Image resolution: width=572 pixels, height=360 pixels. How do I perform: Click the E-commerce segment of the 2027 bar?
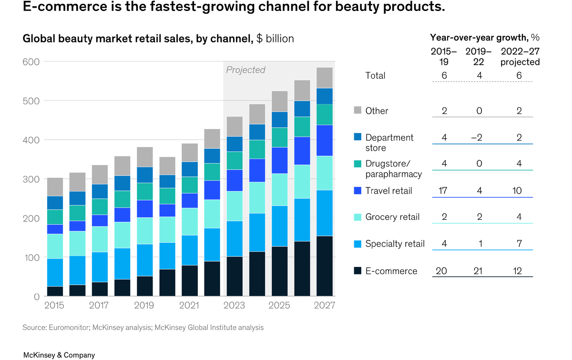click(325, 266)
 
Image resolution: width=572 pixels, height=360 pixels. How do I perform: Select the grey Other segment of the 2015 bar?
click(55, 187)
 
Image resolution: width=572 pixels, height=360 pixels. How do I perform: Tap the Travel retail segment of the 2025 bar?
click(280, 160)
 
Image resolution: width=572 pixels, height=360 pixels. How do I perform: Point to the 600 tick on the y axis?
click(31, 62)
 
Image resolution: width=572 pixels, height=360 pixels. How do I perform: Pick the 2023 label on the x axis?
click(235, 305)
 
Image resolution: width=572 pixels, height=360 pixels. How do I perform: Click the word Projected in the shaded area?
click(245, 70)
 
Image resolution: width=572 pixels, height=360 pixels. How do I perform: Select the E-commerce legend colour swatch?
click(357, 271)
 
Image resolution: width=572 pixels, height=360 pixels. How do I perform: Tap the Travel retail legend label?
click(388, 191)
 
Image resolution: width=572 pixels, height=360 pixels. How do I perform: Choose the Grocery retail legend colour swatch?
click(357, 217)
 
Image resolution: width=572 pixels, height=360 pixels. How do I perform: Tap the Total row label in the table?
click(375, 75)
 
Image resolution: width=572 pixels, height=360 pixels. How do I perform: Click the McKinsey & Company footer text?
click(59, 355)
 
